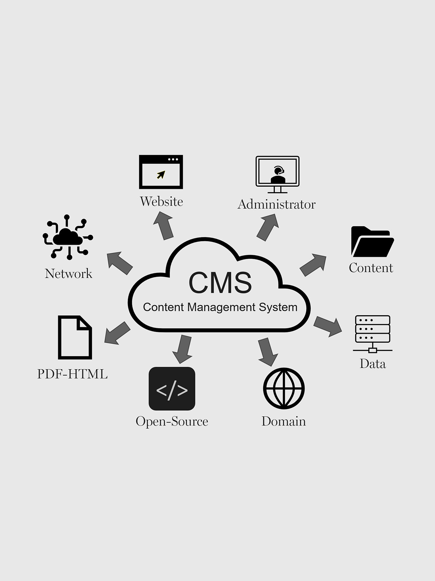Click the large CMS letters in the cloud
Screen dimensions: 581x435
coord(220,283)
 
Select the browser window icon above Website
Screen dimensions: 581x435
coord(161,172)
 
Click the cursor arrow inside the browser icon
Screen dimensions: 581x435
coord(161,175)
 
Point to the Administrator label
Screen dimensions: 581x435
coord(276,204)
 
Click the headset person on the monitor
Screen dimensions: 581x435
coord(278,175)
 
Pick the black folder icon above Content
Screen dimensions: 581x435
coord(372,242)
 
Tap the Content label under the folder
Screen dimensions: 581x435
coord(371,268)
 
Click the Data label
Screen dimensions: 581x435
coord(373,364)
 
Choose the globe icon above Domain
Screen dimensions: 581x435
coord(284,388)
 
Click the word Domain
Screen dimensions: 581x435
coord(284,421)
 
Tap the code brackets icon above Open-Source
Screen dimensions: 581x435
coord(172,389)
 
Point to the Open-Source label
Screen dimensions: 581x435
coord(172,421)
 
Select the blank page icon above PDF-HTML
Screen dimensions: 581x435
coord(75,337)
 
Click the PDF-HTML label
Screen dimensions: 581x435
coord(72,374)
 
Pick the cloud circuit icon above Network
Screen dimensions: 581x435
coord(68,237)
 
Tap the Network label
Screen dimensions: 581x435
coord(69,274)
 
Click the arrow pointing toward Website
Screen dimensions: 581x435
coord(164,226)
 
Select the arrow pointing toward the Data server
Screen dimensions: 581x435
coord(328,326)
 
